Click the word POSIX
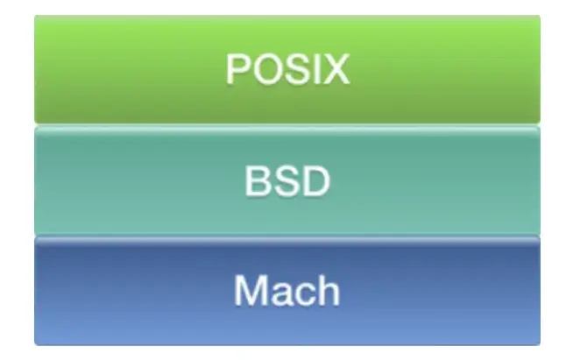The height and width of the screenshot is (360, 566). click(287, 69)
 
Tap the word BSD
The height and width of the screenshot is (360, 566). click(287, 181)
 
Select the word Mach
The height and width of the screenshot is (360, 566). click(287, 290)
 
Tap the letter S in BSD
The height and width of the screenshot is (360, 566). click(287, 181)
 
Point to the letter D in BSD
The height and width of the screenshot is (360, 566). click(316, 181)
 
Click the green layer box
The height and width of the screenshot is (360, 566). click(131, 69)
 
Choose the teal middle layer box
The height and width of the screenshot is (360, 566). click(131, 181)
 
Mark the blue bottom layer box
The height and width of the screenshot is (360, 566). click(131, 293)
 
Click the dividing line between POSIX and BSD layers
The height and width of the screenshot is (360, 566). click(287, 125)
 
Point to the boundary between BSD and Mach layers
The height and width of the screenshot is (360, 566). click(287, 236)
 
